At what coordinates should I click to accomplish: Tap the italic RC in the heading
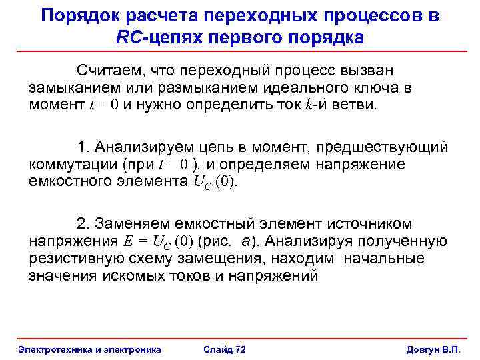128,37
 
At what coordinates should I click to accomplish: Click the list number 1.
82,147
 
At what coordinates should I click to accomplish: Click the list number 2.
82,224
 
